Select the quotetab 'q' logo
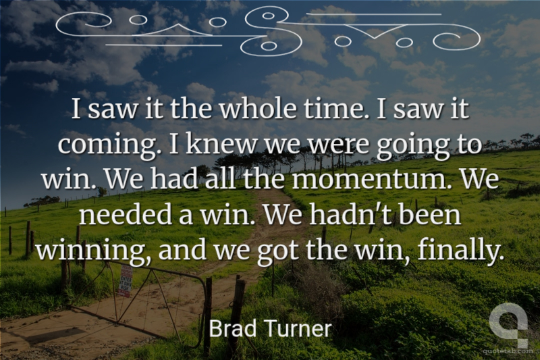pyautogui.click(x=508, y=324)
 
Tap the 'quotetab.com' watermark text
pyautogui.click(x=508, y=351)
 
